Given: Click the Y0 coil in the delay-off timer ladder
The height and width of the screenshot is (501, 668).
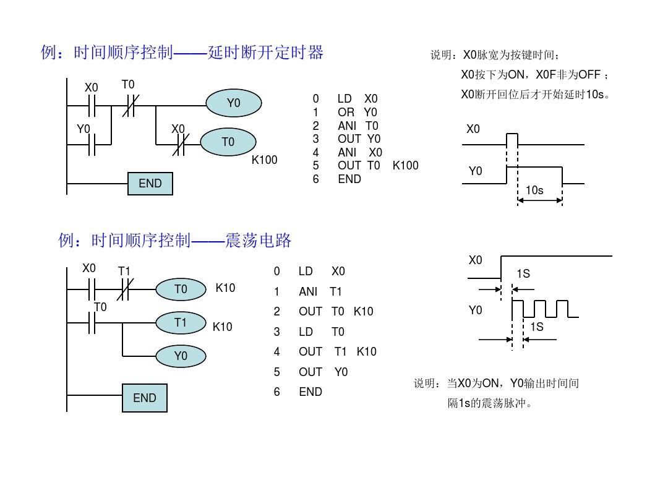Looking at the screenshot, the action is (233, 103).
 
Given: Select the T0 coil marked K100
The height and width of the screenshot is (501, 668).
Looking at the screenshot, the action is (228, 142).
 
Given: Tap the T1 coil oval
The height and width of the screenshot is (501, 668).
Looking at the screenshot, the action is (181, 322).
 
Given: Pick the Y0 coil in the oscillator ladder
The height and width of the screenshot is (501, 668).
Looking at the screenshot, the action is (181, 356).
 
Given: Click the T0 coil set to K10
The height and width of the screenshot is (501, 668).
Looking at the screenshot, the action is (181, 289).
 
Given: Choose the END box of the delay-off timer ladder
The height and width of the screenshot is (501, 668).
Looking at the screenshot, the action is (150, 184).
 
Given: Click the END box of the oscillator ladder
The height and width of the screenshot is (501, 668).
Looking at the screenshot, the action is (144, 398).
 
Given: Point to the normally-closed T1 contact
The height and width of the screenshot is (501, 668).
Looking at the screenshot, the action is (125, 289).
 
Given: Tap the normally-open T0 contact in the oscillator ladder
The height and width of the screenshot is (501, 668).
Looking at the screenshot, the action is (92, 322).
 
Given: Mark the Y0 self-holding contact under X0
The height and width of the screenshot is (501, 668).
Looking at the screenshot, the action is (92, 144).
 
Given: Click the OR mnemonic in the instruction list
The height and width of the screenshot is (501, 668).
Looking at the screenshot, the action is (346, 113).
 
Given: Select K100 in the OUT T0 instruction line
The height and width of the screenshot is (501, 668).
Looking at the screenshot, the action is (406, 165).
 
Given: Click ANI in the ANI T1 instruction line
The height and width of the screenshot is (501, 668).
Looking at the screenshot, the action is (308, 291).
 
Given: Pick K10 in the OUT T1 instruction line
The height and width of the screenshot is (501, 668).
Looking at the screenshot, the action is (366, 351).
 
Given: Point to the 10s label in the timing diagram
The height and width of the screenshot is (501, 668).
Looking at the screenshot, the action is (534, 190).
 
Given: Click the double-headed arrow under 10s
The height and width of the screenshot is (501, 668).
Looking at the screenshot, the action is (540, 200).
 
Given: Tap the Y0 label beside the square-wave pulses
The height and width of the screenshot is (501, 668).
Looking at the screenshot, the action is (476, 310).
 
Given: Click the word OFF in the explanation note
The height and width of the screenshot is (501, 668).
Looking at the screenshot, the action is (589, 75).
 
